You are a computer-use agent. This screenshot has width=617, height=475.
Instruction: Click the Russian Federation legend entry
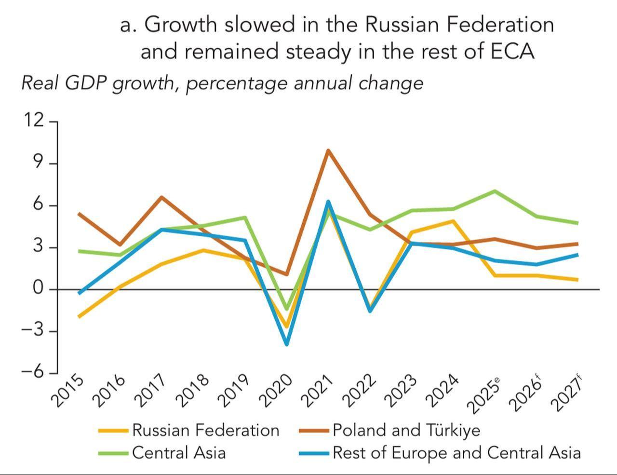coord(205,430)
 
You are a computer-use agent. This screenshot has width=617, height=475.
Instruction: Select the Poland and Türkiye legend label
coord(406,430)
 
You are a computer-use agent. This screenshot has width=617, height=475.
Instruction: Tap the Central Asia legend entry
coord(178,452)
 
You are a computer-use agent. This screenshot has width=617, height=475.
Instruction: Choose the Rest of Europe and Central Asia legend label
coord(456,452)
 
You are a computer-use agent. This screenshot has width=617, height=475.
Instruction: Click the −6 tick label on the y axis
coord(33,373)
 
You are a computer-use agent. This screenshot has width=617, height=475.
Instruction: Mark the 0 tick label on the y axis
coord(38,288)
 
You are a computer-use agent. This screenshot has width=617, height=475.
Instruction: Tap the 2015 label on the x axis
coord(67,390)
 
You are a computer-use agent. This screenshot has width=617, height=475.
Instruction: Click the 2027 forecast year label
coord(566,393)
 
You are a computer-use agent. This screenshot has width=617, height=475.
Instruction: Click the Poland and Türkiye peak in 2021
coord(328,150)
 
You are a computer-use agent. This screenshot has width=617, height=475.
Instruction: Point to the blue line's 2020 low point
coord(287,344)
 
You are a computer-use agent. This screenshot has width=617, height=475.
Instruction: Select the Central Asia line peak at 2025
coord(495,191)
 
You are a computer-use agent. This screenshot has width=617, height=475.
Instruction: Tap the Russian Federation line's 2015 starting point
coord(79,317)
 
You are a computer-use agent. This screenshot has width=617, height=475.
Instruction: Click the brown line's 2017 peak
coord(161,197)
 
